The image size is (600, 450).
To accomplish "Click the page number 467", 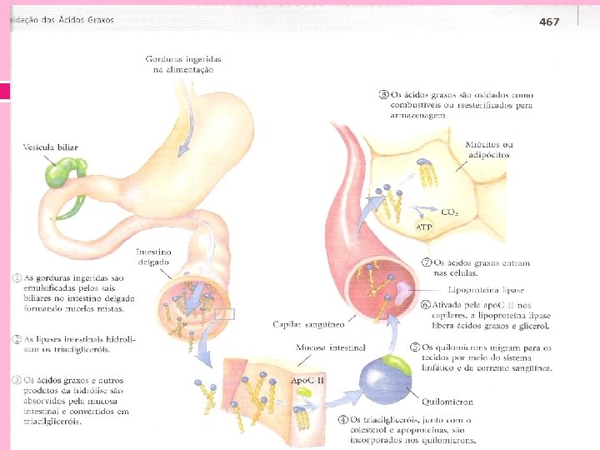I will coord(548,22).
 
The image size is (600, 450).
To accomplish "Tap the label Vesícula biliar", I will coord(50,147).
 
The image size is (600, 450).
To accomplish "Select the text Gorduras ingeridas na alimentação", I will coord(179,64).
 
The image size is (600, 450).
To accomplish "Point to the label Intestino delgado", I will coord(153,256).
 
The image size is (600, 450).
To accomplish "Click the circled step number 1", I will coord(16,277).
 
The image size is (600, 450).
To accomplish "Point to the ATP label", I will coord(424,227).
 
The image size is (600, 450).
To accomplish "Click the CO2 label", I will coord(449,212).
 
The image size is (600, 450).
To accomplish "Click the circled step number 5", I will coord(414,347).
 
